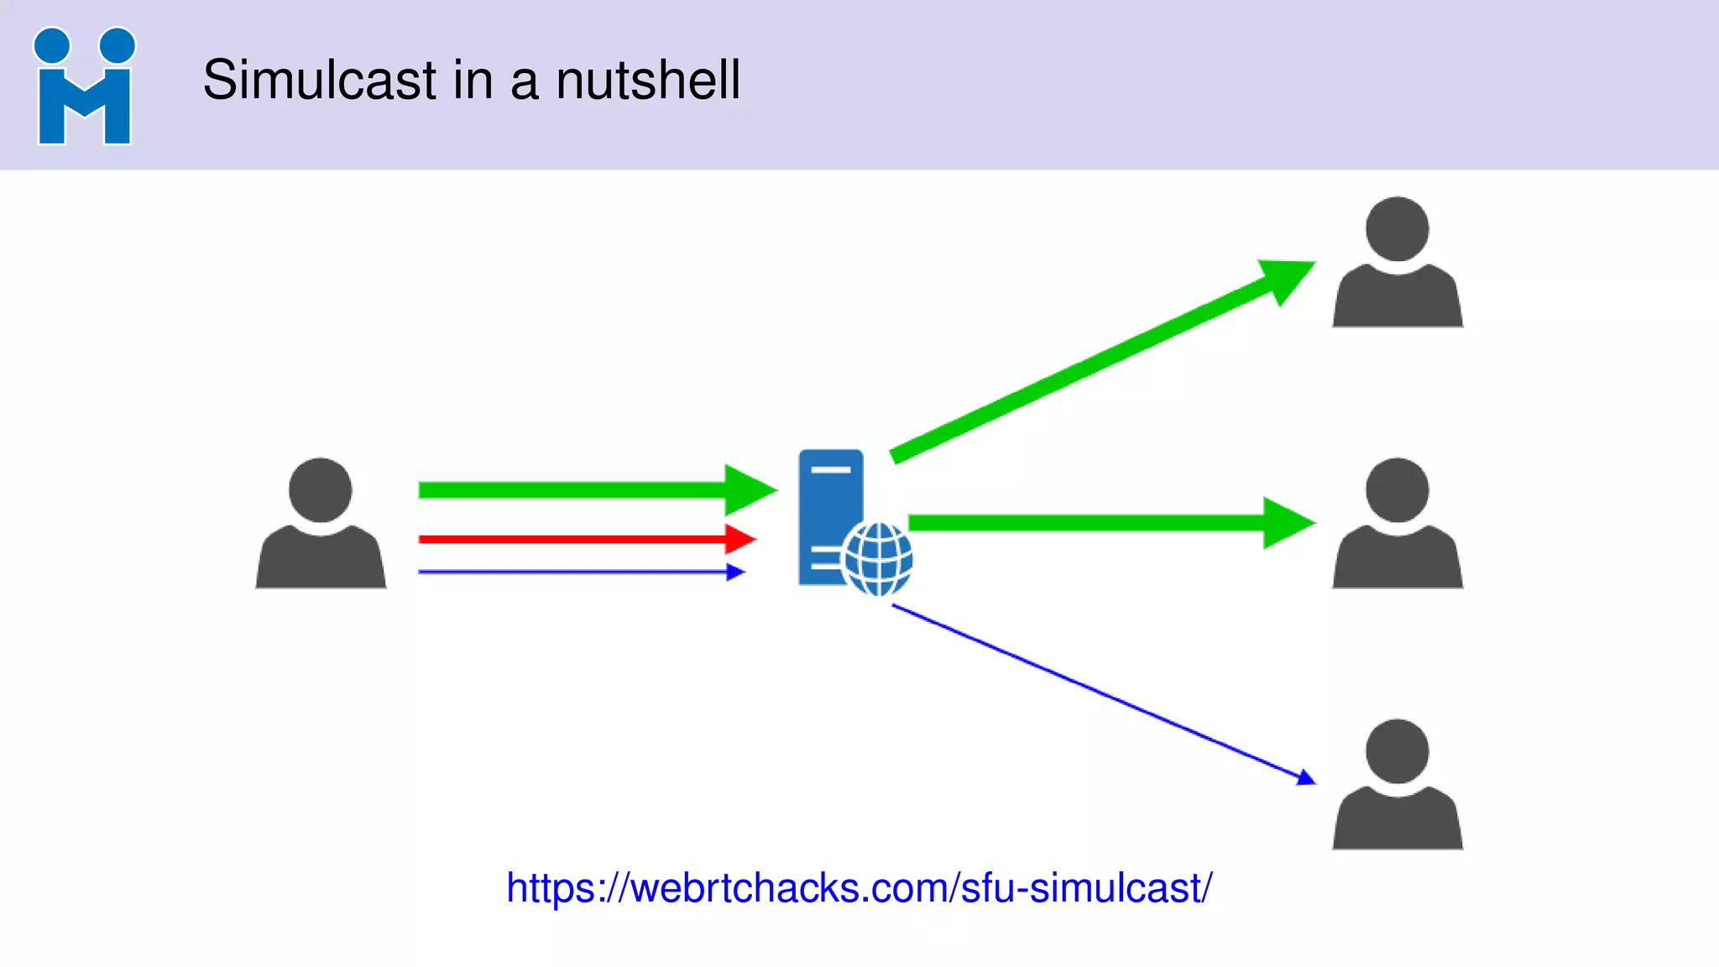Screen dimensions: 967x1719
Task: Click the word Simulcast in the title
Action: (320, 81)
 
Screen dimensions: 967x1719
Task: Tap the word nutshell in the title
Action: (648, 81)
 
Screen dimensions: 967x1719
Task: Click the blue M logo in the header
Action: (84, 86)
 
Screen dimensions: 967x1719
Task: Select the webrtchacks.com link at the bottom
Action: (859, 888)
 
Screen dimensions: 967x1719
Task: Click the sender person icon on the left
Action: (321, 524)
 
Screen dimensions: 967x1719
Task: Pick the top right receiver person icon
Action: (1398, 263)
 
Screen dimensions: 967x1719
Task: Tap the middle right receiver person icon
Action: (1398, 524)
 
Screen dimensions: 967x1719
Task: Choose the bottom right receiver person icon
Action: (1398, 785)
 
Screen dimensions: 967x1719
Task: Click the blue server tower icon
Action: (830, 504)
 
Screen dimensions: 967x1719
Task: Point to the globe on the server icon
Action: (878, 558)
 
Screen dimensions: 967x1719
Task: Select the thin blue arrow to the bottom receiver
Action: (1100, 693)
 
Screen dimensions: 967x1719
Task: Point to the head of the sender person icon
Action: (321, 489)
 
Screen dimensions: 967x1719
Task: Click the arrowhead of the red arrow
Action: (739, 539)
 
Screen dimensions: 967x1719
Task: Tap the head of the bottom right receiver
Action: (1398, 750)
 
